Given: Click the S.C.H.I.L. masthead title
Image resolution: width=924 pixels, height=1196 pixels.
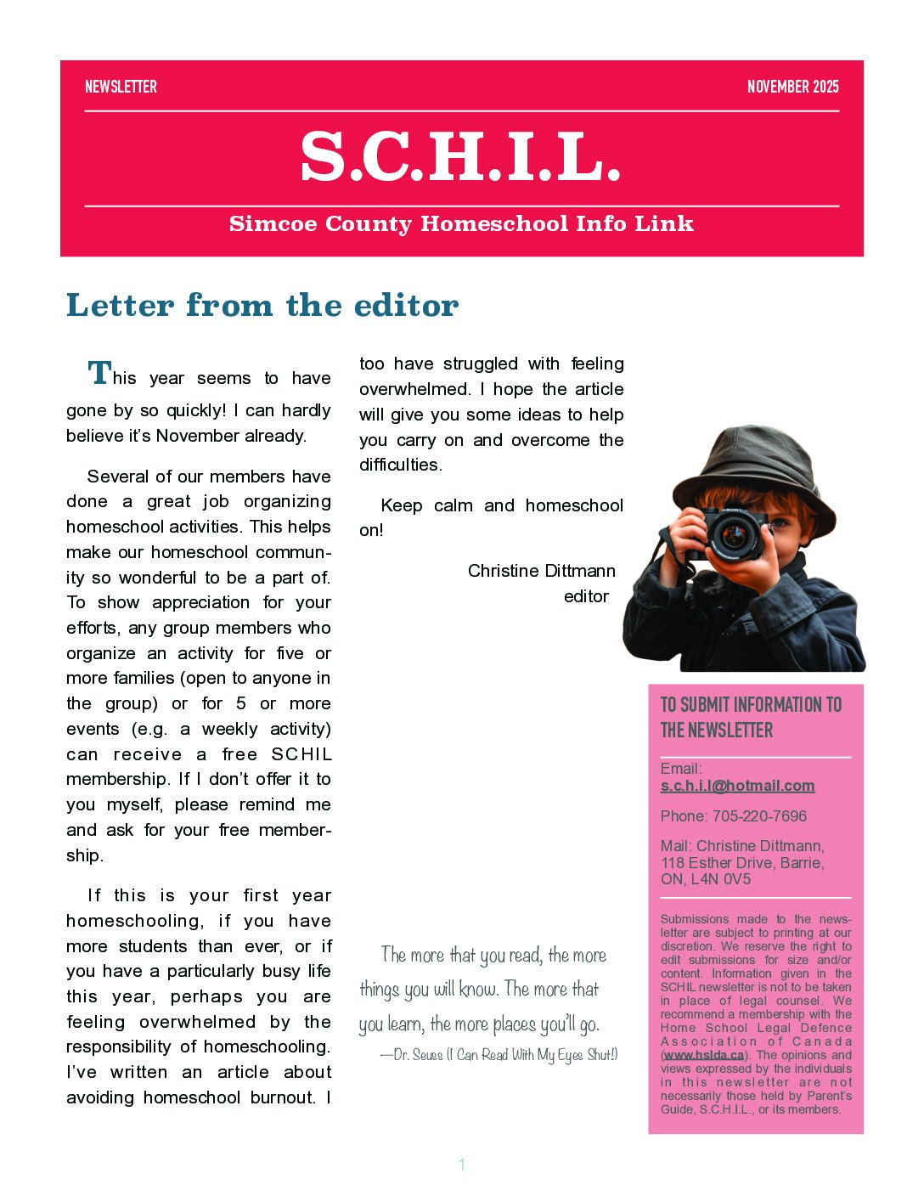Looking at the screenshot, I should pos(461,158).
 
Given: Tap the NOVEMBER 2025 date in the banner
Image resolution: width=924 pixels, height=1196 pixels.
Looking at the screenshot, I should pos(792,87).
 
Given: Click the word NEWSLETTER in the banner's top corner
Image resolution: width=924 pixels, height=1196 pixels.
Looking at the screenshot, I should pos(121,87).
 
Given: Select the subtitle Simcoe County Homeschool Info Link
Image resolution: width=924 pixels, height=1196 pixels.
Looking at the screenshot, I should pos(461,224).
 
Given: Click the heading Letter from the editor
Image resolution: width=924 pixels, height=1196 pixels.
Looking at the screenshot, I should pos(262,305).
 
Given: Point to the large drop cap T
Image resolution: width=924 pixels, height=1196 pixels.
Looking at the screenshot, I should pos(99,373).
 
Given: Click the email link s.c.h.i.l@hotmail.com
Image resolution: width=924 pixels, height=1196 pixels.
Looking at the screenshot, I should pos(737,786).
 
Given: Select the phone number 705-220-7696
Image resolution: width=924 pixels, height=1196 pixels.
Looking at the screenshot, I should pos(759,816).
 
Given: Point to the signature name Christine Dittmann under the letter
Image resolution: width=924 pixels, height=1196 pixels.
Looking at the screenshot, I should pos(541,571).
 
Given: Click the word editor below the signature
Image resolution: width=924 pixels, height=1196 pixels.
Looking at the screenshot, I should pos(586,596).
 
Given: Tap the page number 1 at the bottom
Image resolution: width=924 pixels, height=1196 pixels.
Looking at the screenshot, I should pos(462,1165).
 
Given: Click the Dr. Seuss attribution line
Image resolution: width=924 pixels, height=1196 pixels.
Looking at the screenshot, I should pos(499,1055).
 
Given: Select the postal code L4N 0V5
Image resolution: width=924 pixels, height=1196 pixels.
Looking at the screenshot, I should pos(720,879).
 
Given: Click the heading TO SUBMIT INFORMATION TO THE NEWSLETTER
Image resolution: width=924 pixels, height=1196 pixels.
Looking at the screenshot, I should pos(751,717).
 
